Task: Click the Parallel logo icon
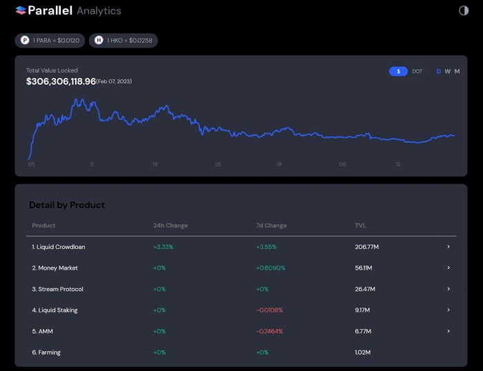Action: (21, 10)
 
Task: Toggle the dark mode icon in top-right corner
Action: (464, 10)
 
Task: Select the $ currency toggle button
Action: (398, 72)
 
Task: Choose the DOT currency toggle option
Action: (417, 72)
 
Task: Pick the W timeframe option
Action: (448, 72)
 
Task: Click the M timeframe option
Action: (457, 72)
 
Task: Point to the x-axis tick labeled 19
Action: (155, 164)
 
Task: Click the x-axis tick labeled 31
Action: (279, 164)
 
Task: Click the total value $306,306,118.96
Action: (61, 81)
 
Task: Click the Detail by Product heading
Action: (67, 205)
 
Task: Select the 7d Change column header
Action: (271, 225)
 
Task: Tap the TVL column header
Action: (361, 225)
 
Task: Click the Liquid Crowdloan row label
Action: (59, 247)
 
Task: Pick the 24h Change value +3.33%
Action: (163, 247)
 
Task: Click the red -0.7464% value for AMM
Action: (269, 331)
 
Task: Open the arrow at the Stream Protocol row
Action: (448, 289)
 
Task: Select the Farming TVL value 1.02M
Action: (363, 352)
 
